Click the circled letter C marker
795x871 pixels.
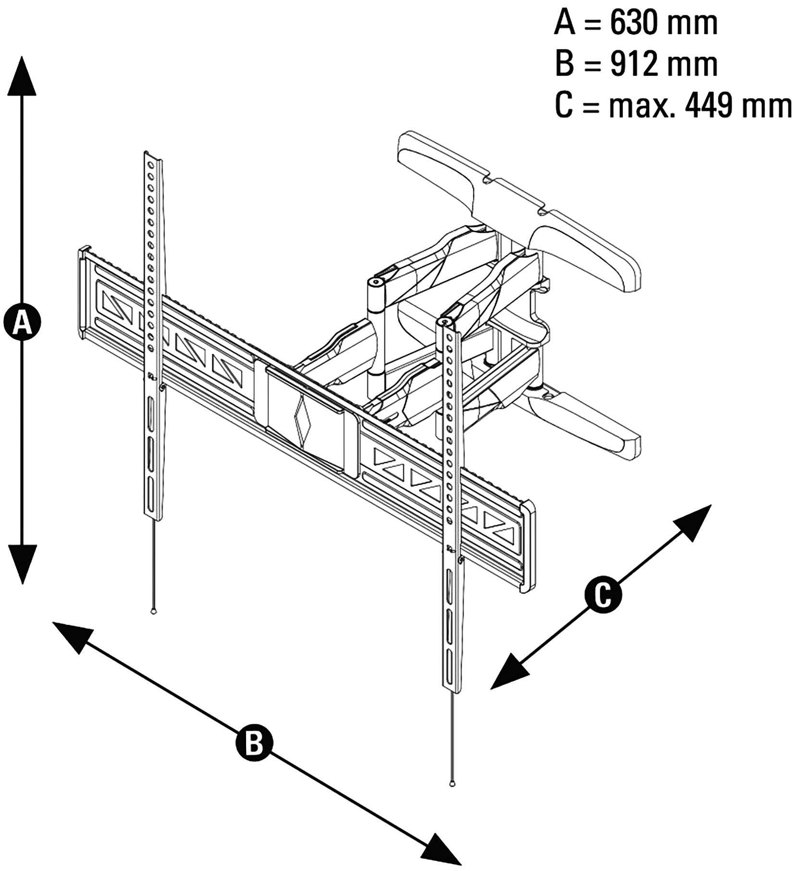(x=603, y=596)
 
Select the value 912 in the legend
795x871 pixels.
(x=633, y=63)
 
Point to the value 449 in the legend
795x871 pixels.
(x=710, y=105)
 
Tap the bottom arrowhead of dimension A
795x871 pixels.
(x=22, y=565)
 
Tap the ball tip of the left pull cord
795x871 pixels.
(x=153, y=611)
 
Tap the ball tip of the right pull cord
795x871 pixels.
(x=452, y=784)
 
